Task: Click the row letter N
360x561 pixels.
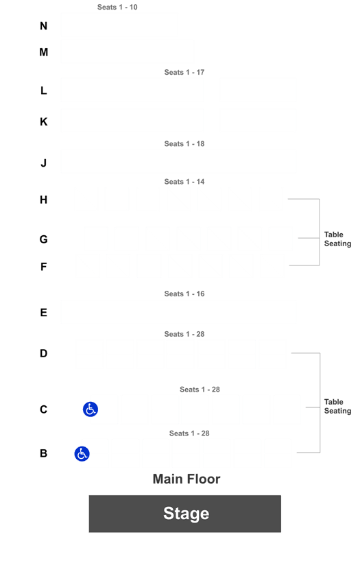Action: click(x=43, y=26)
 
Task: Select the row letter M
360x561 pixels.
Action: click(x=44, y=52)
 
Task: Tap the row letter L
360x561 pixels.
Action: click(x=44, y=91)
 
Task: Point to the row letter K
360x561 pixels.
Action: click(x=44, y=121)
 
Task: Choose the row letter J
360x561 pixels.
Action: click(x=44, y=163)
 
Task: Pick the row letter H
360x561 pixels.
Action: click(x=44, y=200)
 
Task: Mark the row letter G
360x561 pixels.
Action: click(x=44, y=239)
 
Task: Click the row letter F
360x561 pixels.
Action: click(x=44, y=267)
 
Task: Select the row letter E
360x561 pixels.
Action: click(x=44, y=313)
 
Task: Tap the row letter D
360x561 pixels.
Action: click(x=44, y=353)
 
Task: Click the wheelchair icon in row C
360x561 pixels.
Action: click(x=91, y=409)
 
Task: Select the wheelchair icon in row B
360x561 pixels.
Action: click(x=82, y=453)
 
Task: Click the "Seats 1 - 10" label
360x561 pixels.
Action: click(x=117, y=7)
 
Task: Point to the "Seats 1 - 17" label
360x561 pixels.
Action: click(x=184, y=72)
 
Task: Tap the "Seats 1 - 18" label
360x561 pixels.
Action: click(x=184, y=144)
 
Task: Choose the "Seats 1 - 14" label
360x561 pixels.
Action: click(x=184, y=182)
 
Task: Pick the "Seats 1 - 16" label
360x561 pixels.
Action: click(x=184, y=294)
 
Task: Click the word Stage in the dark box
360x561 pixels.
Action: click(x=186, y=514)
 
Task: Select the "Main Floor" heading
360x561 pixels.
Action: click(x=187, y=479)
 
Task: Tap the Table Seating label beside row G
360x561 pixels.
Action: click(x=337, y=239)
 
